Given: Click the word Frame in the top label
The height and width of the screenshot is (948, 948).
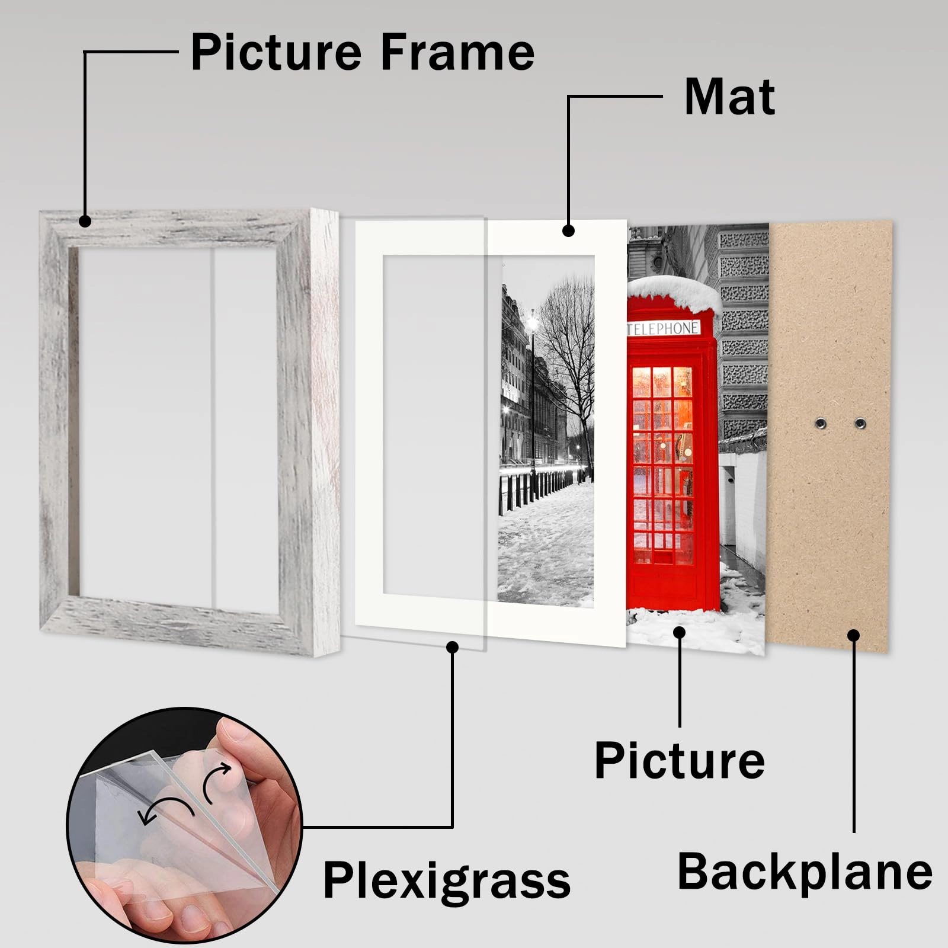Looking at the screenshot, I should tap(457, 52).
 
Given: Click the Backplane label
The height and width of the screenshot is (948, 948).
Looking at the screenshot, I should tap(805, 872).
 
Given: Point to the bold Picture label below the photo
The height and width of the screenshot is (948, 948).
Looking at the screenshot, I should tap(680, 761).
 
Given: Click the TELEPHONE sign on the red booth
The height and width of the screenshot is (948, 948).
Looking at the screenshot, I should tap(663, 328).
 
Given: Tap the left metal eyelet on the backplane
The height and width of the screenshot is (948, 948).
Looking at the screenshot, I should tap(821, 422).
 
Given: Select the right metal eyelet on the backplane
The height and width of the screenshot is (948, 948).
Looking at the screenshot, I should tap(860, 423).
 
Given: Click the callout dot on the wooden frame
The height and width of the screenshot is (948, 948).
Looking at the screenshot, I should tap(85, 221).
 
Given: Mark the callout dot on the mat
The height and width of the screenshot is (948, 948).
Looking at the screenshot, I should tap(568, 230).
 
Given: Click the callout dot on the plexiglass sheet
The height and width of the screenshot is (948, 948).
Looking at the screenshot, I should tap(453, 647).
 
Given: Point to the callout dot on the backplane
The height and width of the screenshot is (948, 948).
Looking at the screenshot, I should tap(853, 636).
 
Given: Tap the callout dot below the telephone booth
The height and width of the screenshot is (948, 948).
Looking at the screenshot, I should tap(680, 632).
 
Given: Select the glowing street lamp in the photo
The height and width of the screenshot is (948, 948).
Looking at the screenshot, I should tap(532, 324).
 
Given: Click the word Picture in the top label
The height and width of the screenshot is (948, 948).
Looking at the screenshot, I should tap(276, 52).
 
